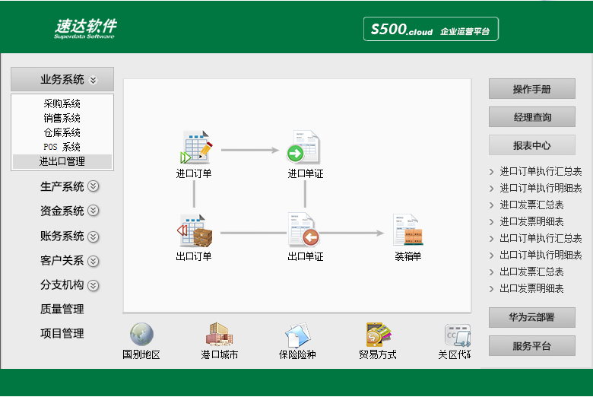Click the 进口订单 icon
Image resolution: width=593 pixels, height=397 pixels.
[x=196, y=147]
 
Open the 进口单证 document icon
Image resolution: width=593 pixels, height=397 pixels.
[x=303, y=147]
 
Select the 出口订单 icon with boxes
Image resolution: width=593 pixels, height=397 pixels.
[x=195, y=230]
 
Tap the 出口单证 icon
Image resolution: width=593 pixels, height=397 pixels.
[x=303, y=230]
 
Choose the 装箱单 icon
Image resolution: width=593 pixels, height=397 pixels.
[x=407, y=230]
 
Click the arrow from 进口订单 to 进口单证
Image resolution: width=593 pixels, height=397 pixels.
[x=250, y=151]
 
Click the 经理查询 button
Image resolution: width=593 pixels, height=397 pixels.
[x=532, y=117]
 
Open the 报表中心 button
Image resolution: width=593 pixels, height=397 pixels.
[x=532, y=145]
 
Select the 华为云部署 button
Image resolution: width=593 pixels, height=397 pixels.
[x=532, y=317]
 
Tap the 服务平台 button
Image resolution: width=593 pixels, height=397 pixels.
[x=532, y=346]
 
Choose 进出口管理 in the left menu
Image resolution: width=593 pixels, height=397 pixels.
[x=62, y=161]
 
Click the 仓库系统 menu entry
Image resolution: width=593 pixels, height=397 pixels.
[x=62, y=132]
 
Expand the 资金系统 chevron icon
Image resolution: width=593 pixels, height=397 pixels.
[x=93, y=211]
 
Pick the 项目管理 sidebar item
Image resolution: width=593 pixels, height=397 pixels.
[x=62, y=333]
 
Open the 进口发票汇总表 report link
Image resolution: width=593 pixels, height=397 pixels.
[x=531, y=205]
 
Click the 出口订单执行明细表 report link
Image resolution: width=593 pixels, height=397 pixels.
[x=541, y=255]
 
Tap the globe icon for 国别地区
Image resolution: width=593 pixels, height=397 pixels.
[x=142, y=334]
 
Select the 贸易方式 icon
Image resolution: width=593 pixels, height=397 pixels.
[x=378, y=334]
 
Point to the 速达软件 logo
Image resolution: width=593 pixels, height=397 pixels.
[x=85, y=28]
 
